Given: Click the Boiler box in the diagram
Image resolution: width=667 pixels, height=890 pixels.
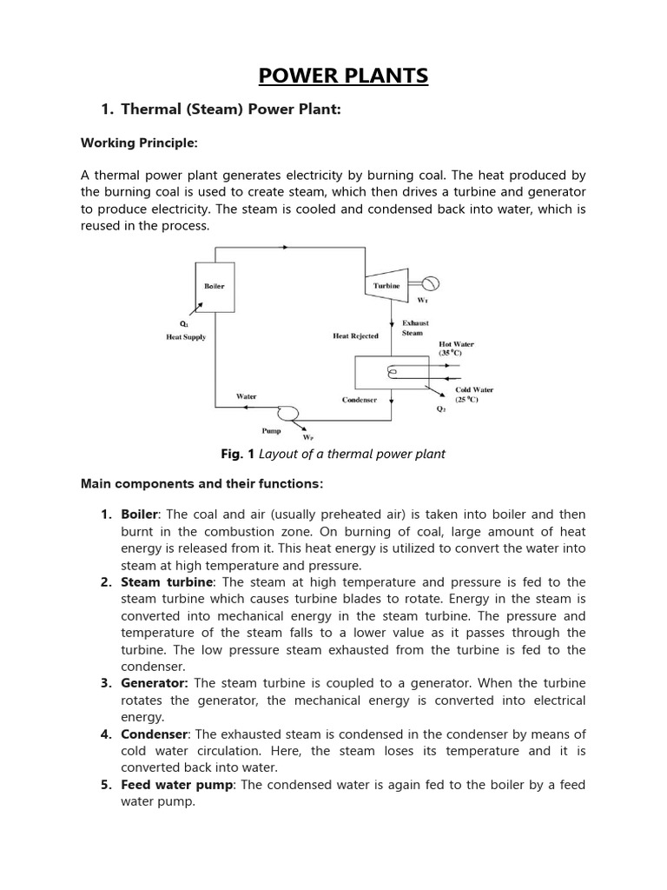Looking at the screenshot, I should point(214,286).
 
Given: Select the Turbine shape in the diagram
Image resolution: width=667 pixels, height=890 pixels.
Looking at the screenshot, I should point(386,285).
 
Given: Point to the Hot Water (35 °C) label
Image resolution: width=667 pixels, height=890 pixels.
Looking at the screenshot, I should point(456,349).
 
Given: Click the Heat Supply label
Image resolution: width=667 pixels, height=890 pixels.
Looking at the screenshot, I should point(186,337).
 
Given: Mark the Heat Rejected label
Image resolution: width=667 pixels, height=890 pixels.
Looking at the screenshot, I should point(355,336).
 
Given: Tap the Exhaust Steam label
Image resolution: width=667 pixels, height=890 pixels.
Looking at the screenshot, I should point(415,328).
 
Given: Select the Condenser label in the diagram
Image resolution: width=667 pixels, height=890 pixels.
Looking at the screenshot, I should point(359,400).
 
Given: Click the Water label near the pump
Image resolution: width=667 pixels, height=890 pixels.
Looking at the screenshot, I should point(246,396).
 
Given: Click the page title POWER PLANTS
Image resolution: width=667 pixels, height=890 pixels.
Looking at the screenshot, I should point(343,76).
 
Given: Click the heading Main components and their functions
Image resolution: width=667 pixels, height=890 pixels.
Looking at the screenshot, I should point(201,482).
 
